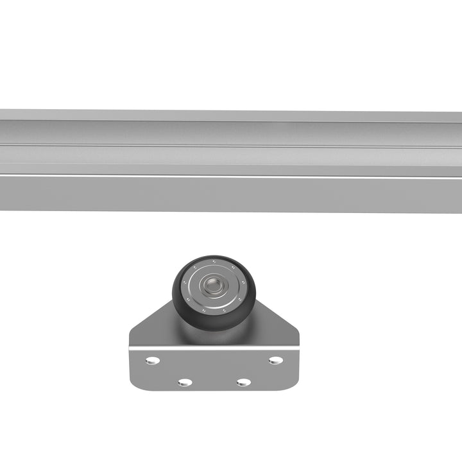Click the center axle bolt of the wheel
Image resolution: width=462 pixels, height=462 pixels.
click(210, 284)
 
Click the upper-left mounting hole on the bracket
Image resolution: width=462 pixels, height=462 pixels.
click(152, 361)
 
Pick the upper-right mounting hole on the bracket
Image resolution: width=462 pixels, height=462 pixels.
click(275, 360)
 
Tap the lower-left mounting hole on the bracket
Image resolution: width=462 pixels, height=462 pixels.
click(185, 382)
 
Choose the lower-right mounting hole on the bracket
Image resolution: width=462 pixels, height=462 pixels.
click(243, 382)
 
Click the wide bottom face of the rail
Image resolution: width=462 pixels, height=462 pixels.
click(231, 193)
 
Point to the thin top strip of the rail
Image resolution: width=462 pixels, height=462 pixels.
click(231, 115)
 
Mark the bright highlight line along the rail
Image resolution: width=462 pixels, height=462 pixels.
click(231, 175)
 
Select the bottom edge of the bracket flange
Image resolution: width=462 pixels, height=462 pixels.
click(214, 390)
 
